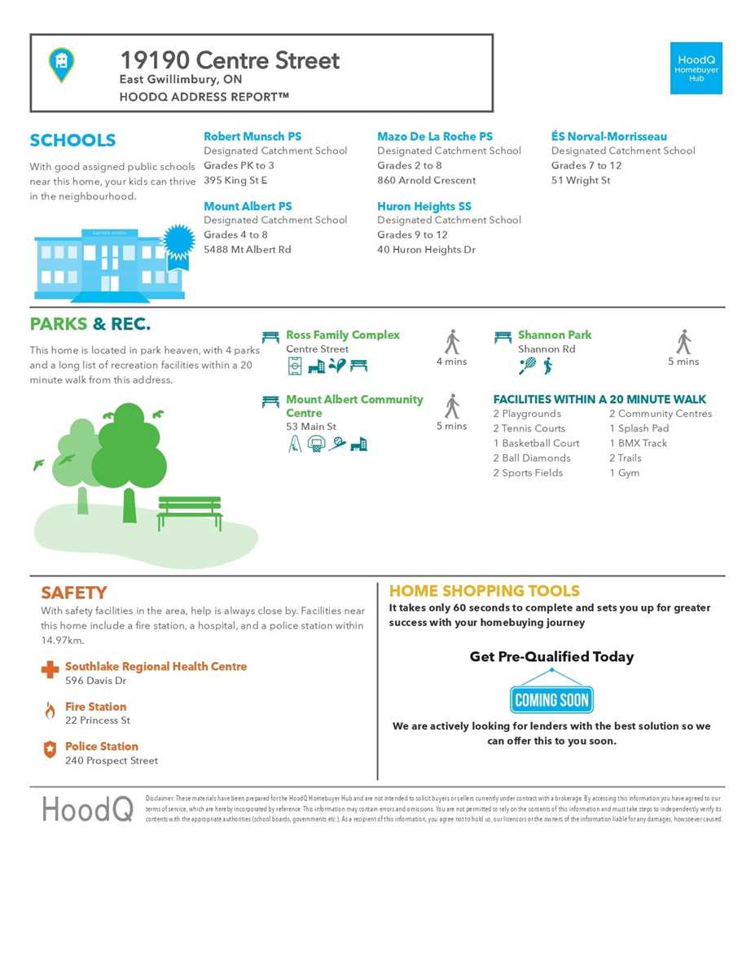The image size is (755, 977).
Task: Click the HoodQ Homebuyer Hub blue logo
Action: pos(696,68)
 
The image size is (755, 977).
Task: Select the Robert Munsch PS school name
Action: pos(252,137)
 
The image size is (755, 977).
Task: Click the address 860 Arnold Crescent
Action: pos(426,180)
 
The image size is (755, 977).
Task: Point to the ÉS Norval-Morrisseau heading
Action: pos(608,137)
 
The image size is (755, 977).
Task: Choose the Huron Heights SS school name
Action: pos(424,207)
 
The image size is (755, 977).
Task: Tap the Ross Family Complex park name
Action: pos(342,335)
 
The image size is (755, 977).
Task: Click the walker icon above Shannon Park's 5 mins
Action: pos(683,342)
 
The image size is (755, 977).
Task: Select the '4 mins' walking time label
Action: pos(451,361)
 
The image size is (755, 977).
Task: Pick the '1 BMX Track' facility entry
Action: pos(638,443)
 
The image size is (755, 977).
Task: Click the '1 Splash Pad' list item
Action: pos(639,428)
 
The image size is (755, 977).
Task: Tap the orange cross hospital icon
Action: pos(50,669)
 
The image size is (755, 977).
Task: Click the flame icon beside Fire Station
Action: pos(50,710)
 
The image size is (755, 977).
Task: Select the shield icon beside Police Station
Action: pos(50,750)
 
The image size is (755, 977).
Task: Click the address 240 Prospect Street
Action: pos(112,760)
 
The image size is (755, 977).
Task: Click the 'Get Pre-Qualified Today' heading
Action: pos(551,657)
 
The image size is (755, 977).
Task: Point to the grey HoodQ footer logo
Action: pos(87,808)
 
